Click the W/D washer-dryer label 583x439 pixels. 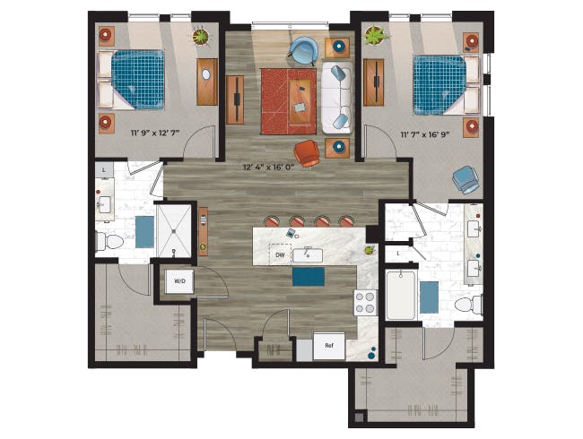(179, 281)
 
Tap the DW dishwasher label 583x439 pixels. (280, 255)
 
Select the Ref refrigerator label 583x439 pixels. (329, 346)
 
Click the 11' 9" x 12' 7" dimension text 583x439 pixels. (155, 133)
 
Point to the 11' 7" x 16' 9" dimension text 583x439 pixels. (424, 134)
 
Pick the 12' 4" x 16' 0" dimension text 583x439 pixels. (269, 168)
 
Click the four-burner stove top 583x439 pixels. (365, 303)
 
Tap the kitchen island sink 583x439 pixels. (308, 255)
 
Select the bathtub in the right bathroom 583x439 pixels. (400, 295)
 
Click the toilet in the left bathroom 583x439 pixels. (109, 242)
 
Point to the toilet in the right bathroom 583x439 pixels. (468, 305)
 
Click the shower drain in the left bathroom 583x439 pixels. (174, 231)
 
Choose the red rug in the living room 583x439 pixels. (289, 101)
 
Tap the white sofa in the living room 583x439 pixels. (336, 98)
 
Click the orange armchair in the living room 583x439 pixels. (307, 153)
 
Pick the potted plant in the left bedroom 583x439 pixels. (201, 36)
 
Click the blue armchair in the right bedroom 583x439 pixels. (466, 180)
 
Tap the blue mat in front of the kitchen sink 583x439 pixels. (309, 277)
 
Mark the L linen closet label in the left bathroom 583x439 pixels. (104, 170)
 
